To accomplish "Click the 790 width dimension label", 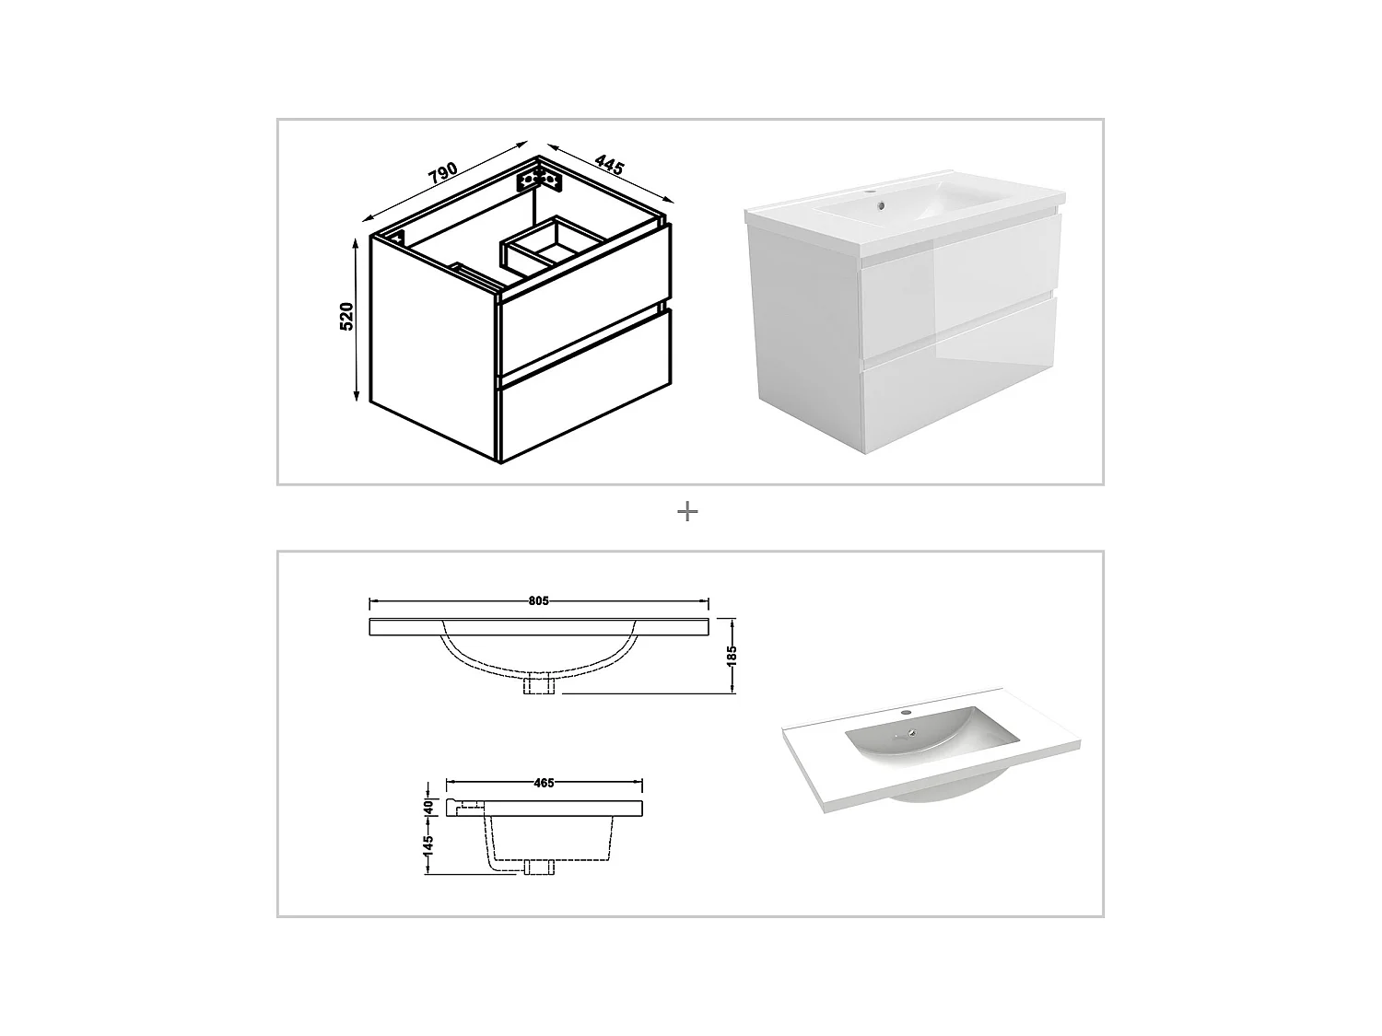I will (x=443, y=174).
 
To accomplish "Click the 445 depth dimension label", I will (x=609, y=166).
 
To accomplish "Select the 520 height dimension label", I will (x=347, y=316).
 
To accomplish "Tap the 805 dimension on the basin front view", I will (x=539, y=601).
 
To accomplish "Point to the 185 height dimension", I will (x=732, y=655).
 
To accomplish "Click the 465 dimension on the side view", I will (x=544, y=784).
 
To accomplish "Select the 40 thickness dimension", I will (x=428, y=806).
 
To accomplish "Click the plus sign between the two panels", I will (x=687, y=511).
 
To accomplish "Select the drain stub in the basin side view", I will (x=538, y=867).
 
